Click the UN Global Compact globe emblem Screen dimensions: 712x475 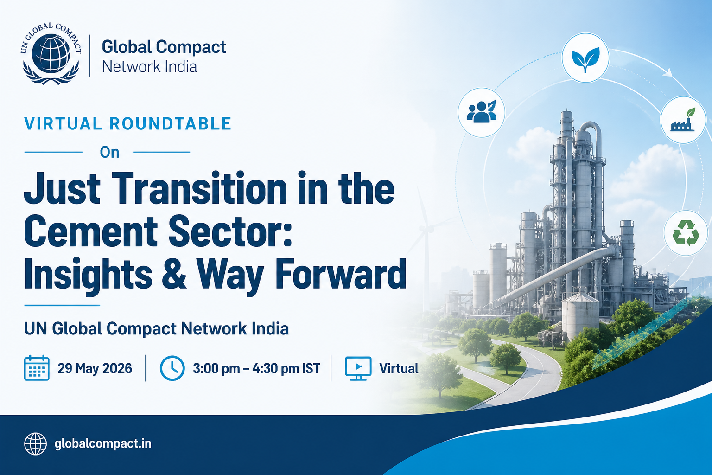pos(51,53)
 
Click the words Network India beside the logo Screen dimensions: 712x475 pos(149,67)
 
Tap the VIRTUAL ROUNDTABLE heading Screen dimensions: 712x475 pos(128,124)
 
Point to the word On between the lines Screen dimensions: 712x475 pos(110,153)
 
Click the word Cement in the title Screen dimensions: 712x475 pos(91,231)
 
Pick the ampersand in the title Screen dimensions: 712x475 pos(173,274)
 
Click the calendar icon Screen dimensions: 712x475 pos(37,368)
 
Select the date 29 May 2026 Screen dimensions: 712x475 pos(95,368)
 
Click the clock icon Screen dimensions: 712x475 pos(172,368)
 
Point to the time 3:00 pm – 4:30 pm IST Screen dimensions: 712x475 pos(256,368)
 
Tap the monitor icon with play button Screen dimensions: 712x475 pos(358,368)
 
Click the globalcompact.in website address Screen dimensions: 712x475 pos(103,443)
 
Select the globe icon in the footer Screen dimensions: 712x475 pos(35,443)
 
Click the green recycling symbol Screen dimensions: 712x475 pos(686,233)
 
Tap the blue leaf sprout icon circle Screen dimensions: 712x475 pos(585,58)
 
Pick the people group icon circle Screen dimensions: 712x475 pos(481,113)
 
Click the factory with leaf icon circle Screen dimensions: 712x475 pos(683,120)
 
